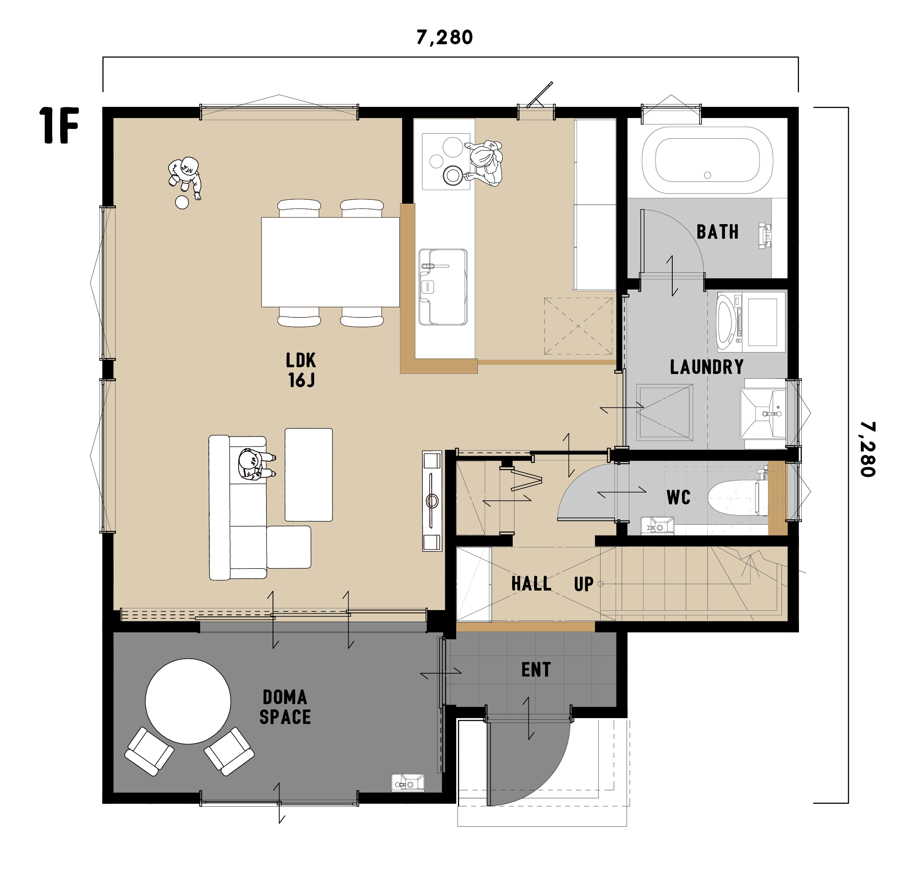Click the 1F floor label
(x=59, y=125)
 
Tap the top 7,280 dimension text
(x=444, y=37)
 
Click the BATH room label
(x=717, y=232)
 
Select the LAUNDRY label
(x=707, y=367)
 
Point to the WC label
(x=678, y=497)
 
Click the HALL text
(x=531, y=583)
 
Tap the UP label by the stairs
(x=583, y=584)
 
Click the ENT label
(x=536, y=670)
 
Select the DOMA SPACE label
(x=285, y=707)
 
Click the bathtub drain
(x=707, y=175)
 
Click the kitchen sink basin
(x=443, y=287)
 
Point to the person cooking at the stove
(x=485, y=163)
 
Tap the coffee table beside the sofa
(x=309, y=475)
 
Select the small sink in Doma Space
(x=407, y=782)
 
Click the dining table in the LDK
(x=330, y=262)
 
